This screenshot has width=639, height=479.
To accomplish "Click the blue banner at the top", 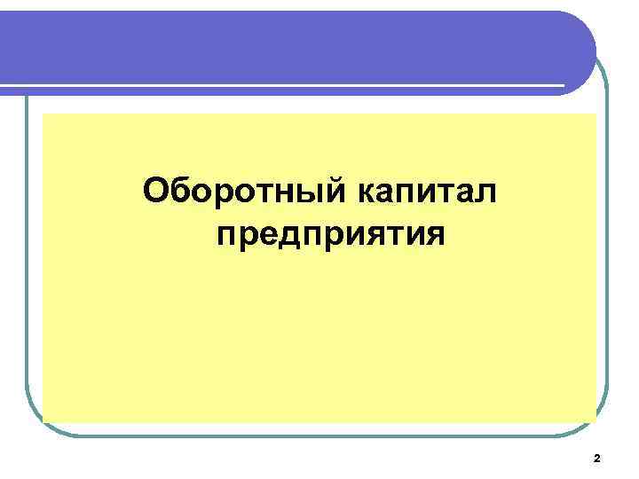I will [293, 44].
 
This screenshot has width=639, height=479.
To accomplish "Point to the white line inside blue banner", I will [284, 85].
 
